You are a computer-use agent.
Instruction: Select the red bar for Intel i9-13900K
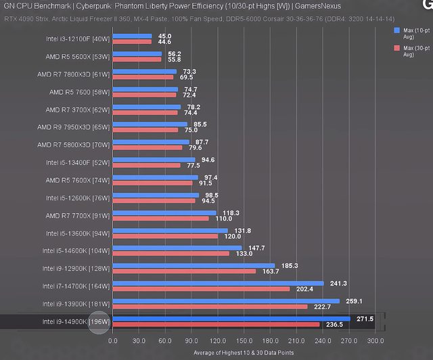click(210, 307)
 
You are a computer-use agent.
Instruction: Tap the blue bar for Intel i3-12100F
click(132, 36)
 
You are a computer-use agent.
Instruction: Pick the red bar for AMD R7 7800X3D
click(143, 77)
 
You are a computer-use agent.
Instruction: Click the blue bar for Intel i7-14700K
click(218, 283)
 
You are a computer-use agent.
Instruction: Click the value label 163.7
click(270, 271)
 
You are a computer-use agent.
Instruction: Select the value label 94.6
click(209, 160)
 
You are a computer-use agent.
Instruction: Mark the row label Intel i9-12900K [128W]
click(72, 268)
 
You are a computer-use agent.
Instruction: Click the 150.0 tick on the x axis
click(244, 341)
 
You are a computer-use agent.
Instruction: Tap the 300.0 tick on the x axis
click(374, 341)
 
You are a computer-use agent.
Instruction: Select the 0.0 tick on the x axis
click(113, 341)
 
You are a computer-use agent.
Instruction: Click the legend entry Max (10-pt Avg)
click(412, 35)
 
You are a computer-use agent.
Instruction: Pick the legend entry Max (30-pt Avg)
click(412, 51)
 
